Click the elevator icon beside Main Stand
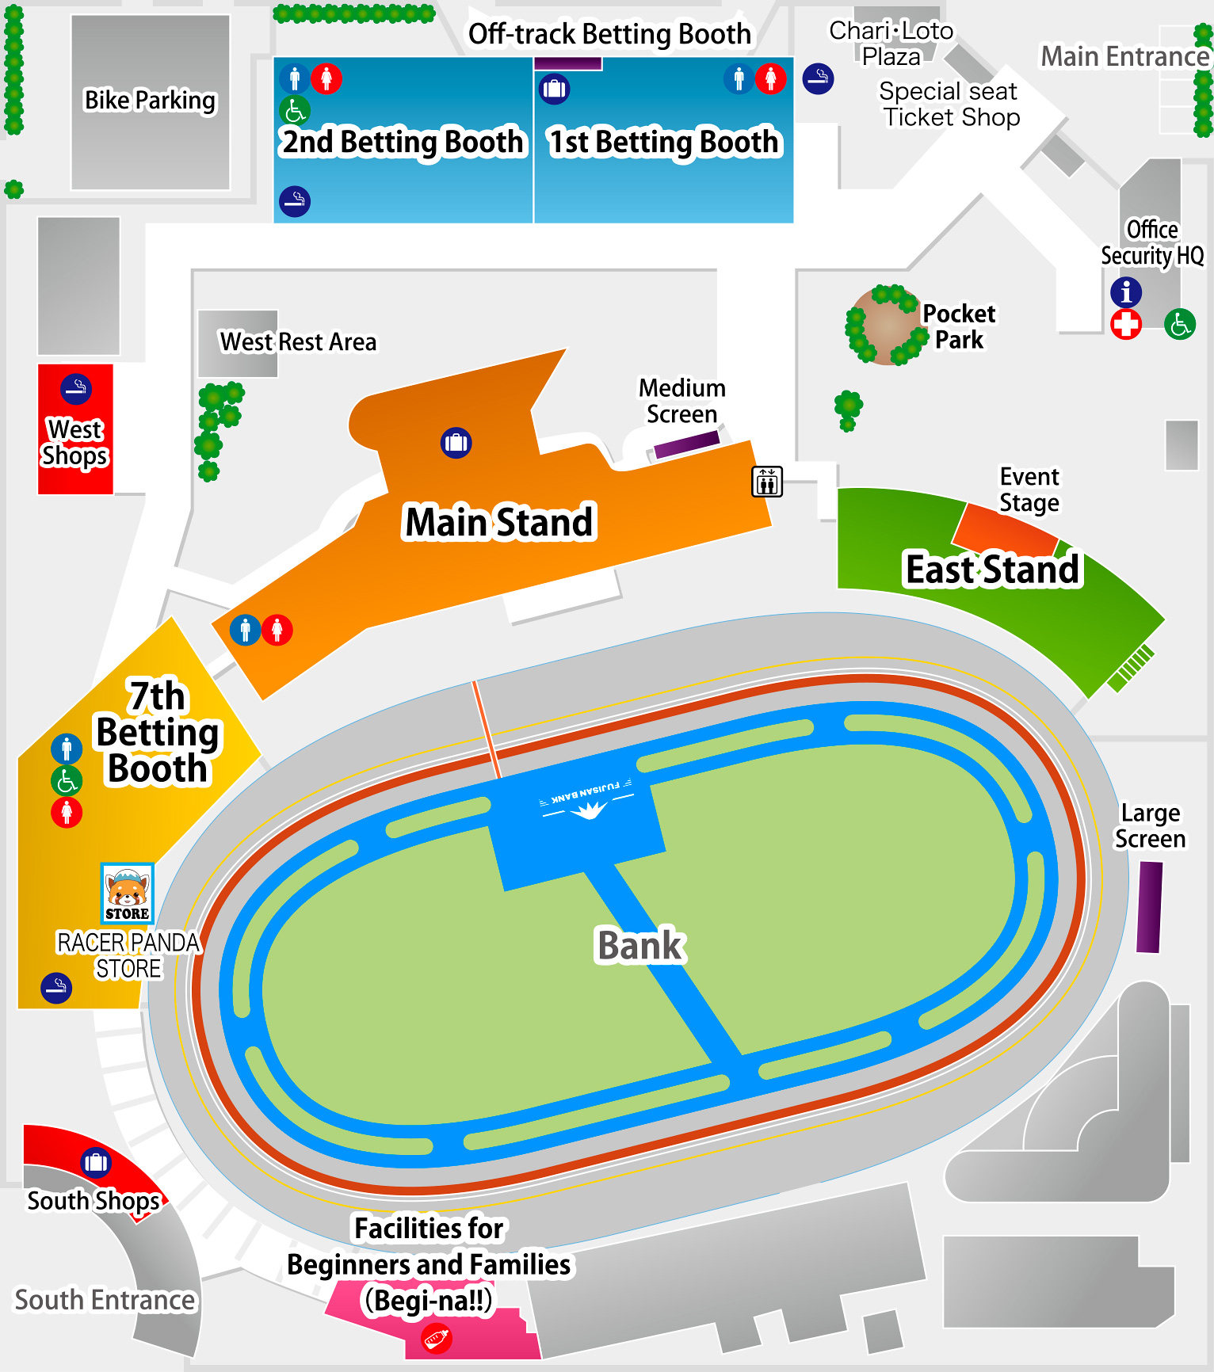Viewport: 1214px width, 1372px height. click(766, 482)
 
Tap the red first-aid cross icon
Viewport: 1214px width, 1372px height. click(1125, 324)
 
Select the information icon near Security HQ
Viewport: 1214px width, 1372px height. click(1125, 292)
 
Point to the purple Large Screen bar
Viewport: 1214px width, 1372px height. click(1149, 907)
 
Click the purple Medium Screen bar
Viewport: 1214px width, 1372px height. click(686, 444)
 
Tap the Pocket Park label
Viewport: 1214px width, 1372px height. click(958, 326)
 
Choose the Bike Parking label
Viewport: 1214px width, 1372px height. click(150, 101)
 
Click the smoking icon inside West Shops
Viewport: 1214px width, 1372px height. click(76, 389)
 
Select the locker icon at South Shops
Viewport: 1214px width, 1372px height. click(96, 1162)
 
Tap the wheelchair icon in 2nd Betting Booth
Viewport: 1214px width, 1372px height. click(295, 111)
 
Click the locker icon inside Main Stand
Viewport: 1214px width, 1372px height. click(456, 443)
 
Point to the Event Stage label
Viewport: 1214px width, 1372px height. click(1029, 490)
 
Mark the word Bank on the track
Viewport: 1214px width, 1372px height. click(639, 945)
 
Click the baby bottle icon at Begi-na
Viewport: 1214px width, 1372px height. click(436, 1340)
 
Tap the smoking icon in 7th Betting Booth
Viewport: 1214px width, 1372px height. click(56, 988)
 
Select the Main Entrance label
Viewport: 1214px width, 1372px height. click(1124, 57)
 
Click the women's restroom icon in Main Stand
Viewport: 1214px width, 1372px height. click(277, 631)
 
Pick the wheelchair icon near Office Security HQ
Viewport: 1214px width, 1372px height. click(1179, 324)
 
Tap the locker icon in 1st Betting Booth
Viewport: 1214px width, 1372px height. click(554, 89)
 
